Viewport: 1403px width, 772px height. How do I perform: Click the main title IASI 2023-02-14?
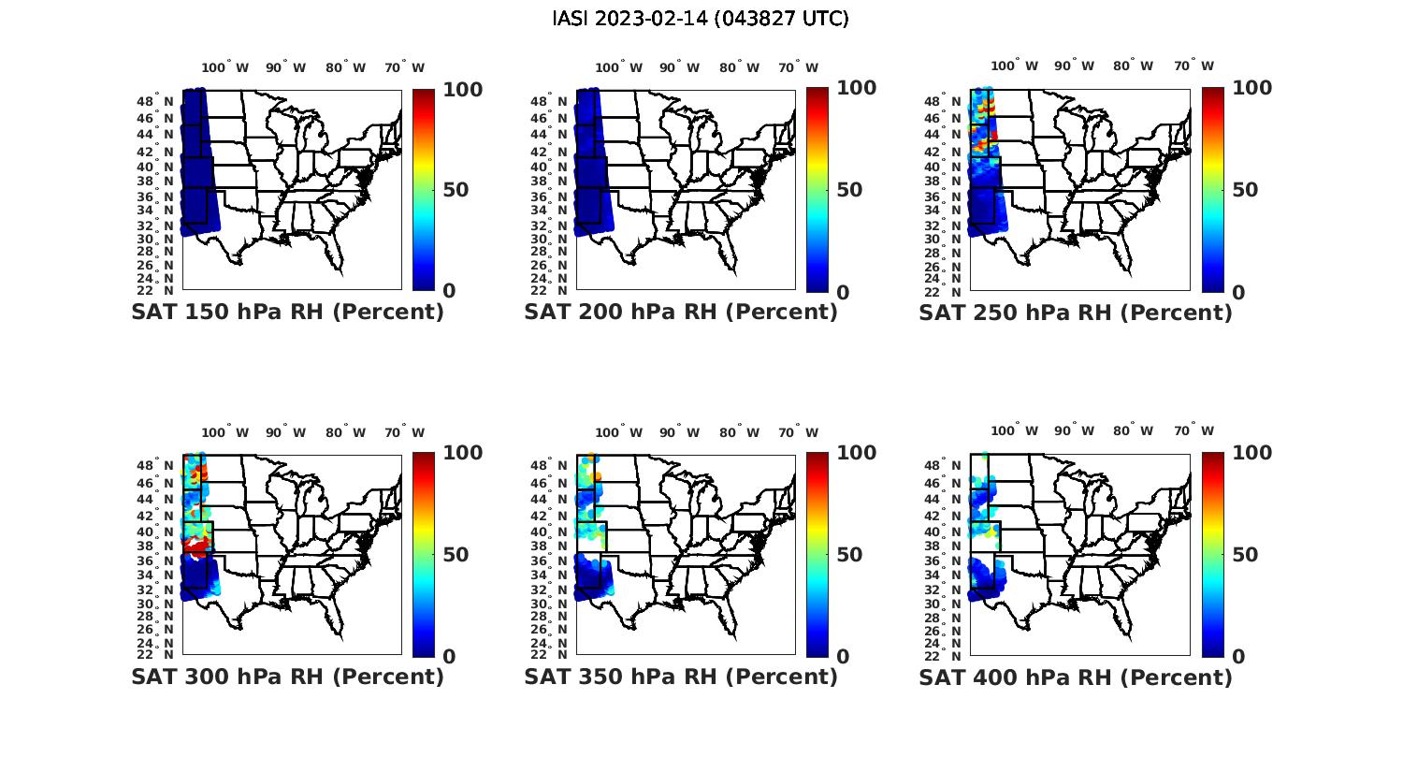pos(701,19)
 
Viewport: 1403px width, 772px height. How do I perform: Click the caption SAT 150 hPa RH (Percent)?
pos(287,312)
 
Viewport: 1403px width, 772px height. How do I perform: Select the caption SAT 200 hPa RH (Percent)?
pos(681,312)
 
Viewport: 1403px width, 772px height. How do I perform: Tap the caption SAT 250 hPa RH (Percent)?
pos(1076,313)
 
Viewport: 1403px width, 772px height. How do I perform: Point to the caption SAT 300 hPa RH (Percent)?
pos(287,677)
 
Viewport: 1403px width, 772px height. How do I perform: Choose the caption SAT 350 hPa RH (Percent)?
pos(681,677)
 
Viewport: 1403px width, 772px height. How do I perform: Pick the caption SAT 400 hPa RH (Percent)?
pos(1076,677)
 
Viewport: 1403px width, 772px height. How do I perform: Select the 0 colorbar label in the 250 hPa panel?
pos(1238,292)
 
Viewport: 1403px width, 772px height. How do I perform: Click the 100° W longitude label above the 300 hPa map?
pos(225,432)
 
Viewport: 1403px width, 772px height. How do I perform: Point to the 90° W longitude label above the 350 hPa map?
pos(679,432)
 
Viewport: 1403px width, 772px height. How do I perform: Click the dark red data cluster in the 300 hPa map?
pos(195,546)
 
